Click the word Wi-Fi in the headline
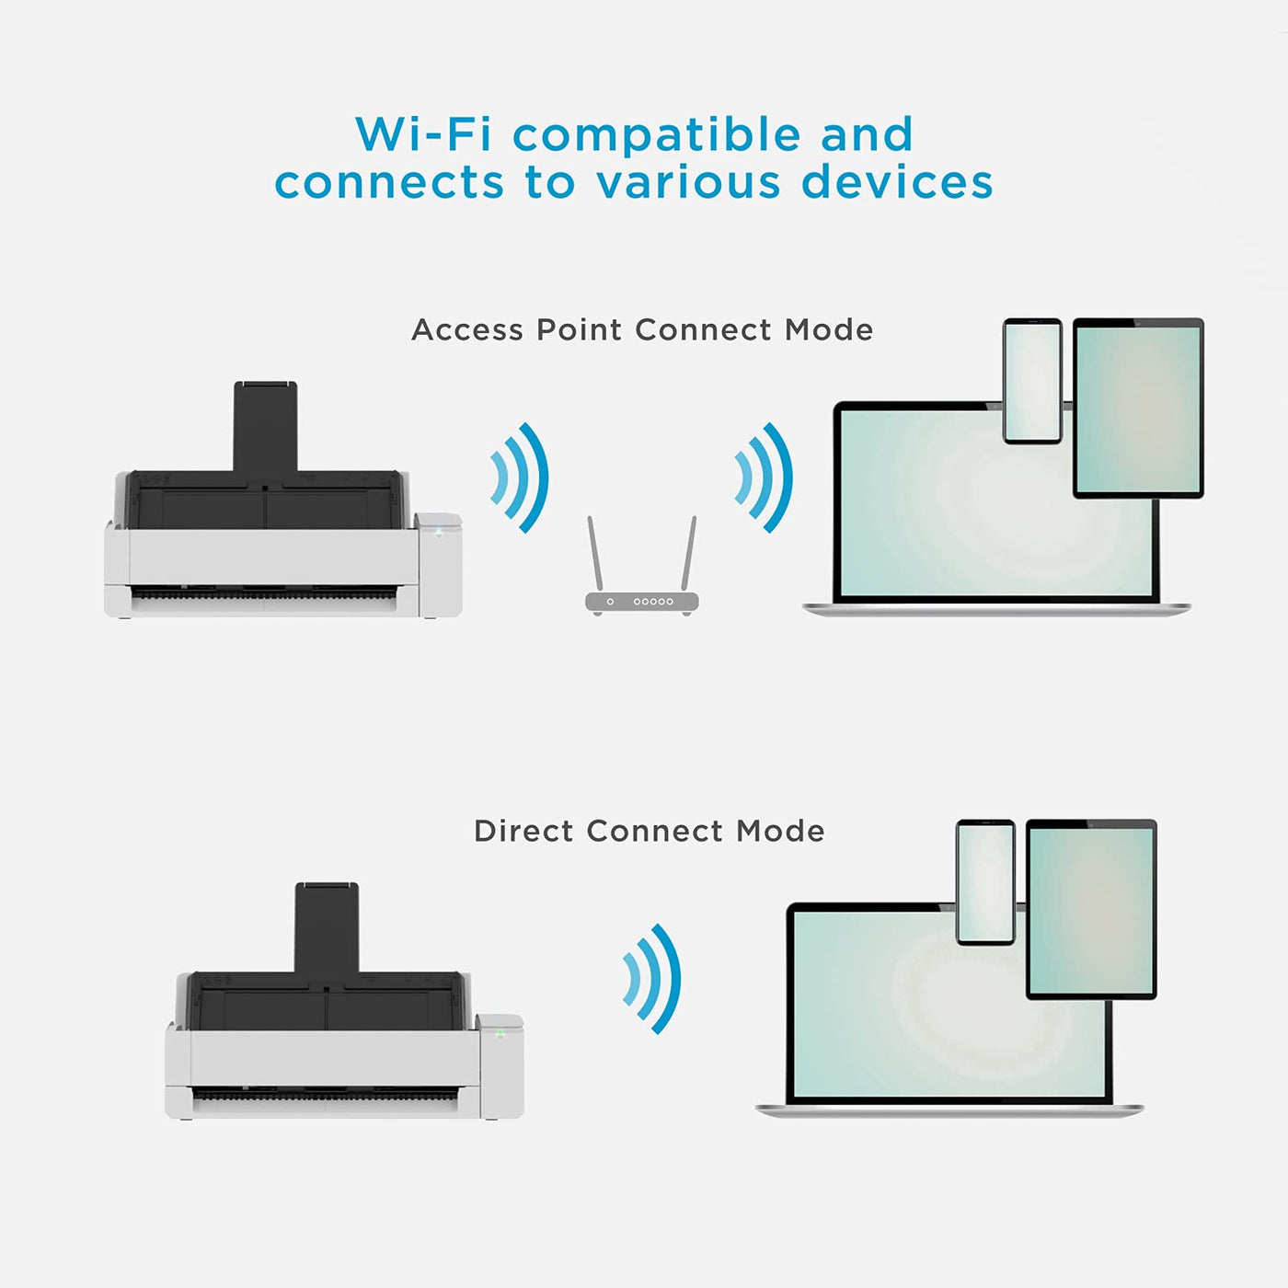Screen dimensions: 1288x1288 423,134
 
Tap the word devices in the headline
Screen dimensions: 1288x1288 897,181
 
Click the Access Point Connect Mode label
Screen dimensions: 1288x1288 642,329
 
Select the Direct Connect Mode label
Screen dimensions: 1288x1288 649,831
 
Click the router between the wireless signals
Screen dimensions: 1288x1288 642,602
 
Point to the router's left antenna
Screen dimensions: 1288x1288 594,552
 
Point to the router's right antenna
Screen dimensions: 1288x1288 689,552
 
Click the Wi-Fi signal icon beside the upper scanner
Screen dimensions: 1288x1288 521,477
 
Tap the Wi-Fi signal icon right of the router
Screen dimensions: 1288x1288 765,477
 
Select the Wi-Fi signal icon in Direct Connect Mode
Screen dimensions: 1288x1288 653,978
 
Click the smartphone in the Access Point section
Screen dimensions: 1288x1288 1032,381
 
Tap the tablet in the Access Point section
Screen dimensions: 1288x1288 1138,408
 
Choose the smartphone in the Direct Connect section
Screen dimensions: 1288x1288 985,882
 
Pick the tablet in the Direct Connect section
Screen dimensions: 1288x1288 1091,909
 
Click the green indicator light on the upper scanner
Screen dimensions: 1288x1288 439,532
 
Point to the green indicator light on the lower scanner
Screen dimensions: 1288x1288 500,1033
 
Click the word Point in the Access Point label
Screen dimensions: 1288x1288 579,329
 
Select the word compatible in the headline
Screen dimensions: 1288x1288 656,136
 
